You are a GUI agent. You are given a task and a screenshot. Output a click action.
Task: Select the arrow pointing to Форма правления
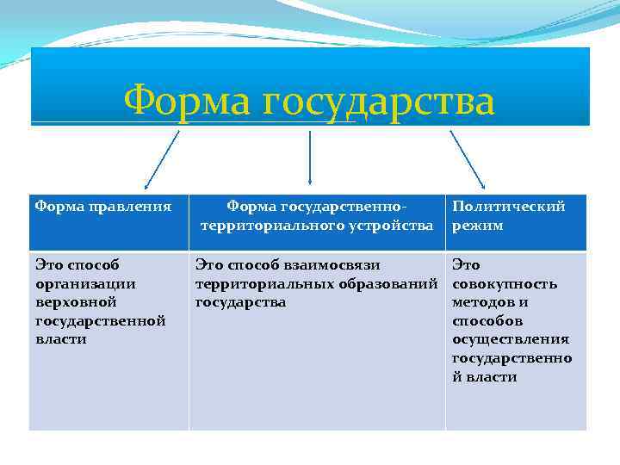(161, 160)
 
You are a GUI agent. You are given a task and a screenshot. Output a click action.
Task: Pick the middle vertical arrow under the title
(310, 159)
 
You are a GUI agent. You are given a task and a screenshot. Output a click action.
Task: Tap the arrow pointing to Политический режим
(468, 160)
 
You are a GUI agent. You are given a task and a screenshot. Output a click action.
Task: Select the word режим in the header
(477, 226)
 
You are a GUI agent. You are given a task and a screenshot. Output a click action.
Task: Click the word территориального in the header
(273, 226)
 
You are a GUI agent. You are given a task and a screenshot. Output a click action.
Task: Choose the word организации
(85, 284)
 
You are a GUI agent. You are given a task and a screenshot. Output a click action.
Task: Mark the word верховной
(75, 302)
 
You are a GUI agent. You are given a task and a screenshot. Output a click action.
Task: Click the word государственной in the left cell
(100, 321)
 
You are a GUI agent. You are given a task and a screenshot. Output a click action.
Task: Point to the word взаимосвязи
(334, 265)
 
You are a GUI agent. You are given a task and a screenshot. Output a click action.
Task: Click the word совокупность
(505, 284)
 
